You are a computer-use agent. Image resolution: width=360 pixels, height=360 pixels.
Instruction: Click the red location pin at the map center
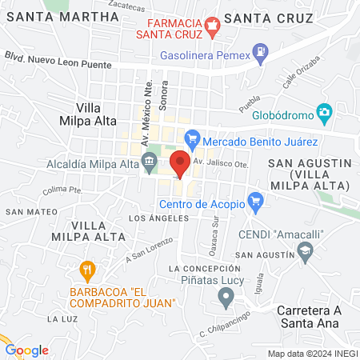181,163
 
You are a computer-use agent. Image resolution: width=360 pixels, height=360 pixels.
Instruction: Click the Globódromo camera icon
324,114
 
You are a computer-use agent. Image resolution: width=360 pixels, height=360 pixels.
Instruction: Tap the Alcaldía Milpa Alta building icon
150,164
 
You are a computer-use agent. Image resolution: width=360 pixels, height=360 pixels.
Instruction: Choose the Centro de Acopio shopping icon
255,200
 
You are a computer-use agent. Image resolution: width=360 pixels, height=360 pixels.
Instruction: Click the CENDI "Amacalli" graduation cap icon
304,252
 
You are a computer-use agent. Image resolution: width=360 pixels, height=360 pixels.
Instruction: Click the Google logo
26,350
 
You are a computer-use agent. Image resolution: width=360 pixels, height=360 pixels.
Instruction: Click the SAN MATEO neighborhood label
26,211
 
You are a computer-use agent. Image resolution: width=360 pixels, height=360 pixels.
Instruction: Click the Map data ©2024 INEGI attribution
312,353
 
